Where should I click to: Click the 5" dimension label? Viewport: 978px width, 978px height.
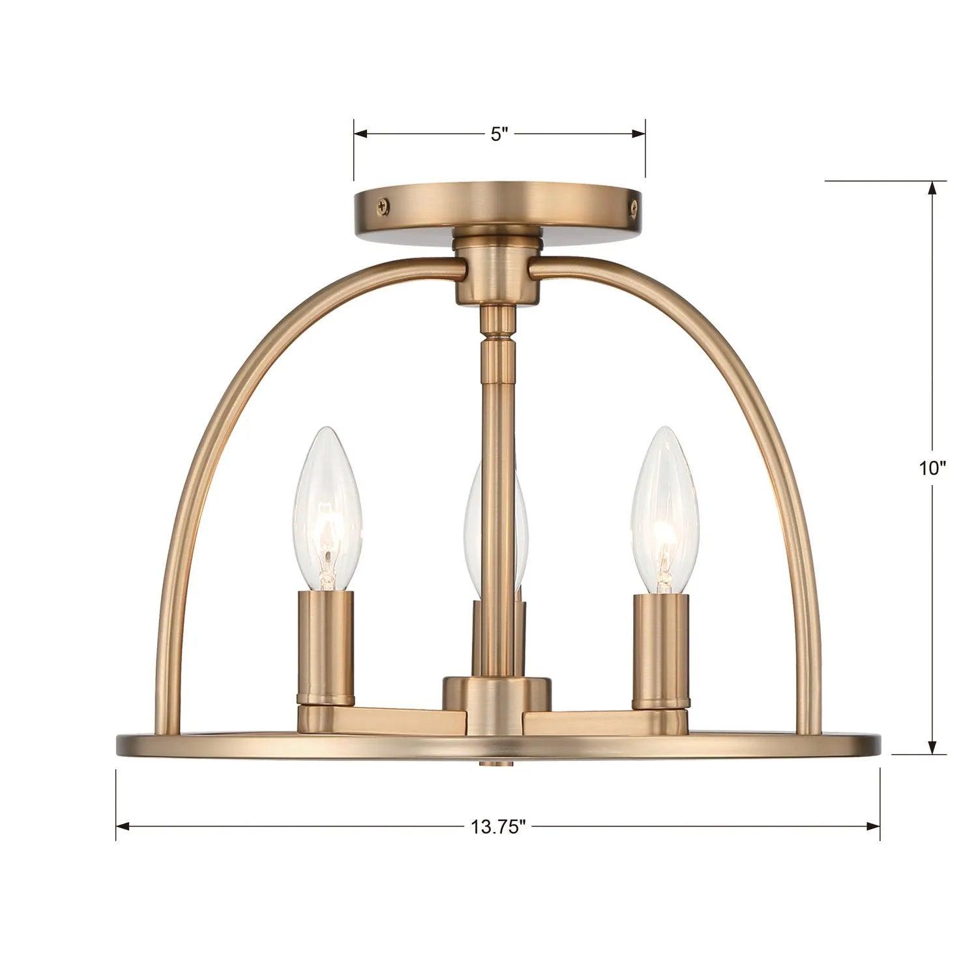click(499, 134)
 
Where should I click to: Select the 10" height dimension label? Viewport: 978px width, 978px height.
click(932, 467)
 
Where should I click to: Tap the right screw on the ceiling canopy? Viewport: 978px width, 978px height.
click(632, 205)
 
